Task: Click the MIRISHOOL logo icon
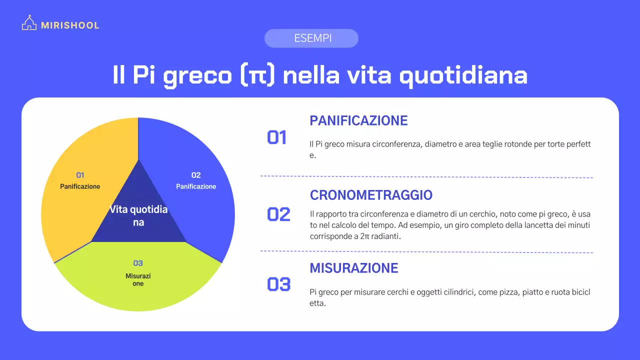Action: (29, 23)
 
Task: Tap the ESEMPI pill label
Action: (311, 38)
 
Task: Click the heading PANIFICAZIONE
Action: (358, 120)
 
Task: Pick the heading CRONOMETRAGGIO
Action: (371, 195)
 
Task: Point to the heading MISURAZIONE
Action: (354, 268)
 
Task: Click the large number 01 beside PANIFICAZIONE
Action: (277, 137)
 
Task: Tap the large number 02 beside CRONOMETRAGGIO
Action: (278, 214)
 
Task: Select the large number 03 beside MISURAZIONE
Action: (278, 284)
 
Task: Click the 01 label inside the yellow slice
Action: (80, 175)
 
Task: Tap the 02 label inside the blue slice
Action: (196, 175)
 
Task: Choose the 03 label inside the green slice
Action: (138, 263)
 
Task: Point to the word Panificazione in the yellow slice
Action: (80, 186)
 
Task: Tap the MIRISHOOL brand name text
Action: (70, 25)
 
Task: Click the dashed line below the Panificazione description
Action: (426, 176)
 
